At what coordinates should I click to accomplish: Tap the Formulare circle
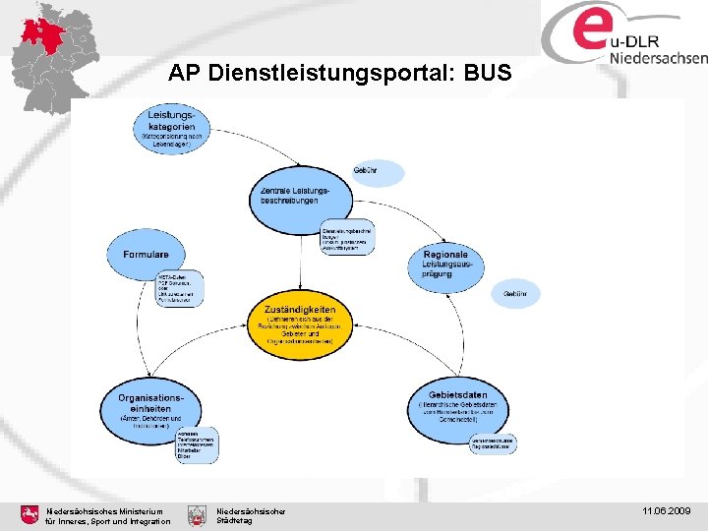146,256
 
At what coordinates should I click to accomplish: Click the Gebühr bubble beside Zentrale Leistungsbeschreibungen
379,172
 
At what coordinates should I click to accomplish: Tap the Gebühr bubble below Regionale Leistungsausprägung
514,294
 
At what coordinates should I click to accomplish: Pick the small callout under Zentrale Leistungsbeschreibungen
347,236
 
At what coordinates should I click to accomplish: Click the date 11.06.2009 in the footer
669,512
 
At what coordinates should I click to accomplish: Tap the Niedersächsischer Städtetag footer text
251,515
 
